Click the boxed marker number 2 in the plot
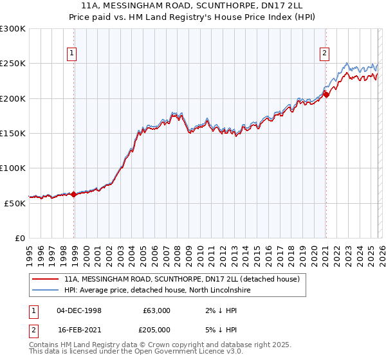point(325,54)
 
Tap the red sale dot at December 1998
point(74,194)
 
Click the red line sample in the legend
point(46,280)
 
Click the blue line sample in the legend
point(46,291)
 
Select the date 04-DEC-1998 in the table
point(78,310)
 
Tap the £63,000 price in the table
point(156,310)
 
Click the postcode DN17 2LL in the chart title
point(266,6)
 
